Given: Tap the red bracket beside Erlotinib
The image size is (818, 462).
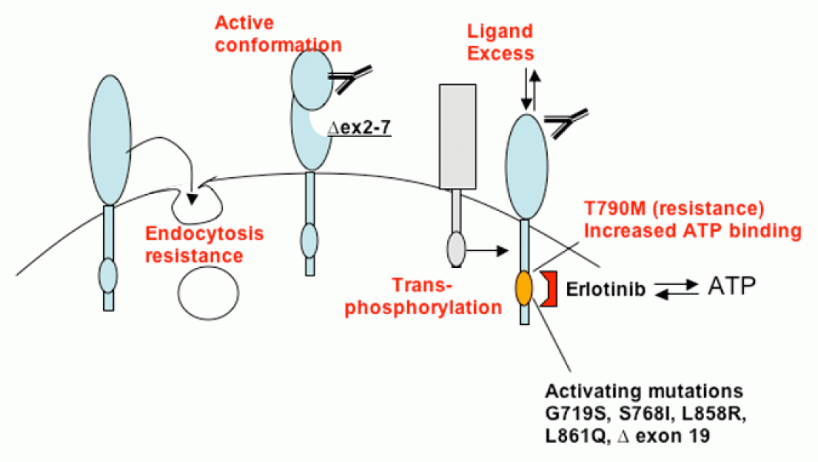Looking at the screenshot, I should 549,289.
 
